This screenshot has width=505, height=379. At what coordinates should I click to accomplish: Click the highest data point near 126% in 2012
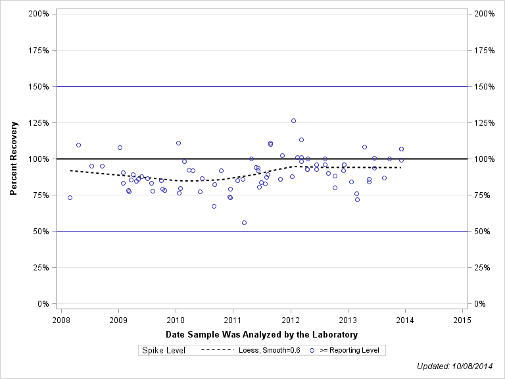(x=293, y=120)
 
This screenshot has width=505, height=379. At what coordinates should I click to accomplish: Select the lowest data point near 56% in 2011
(x=244, y=222)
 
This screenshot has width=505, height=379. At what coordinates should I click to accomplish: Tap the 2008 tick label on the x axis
(x=60, y=320)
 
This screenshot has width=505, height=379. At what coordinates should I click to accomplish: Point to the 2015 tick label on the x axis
(x=462, y=320)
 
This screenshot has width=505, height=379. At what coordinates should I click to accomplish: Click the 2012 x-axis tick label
(x=290, y=320)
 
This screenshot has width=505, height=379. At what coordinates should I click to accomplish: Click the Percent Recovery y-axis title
(x=14, y=159)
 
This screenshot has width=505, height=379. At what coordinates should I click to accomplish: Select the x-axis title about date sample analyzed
(x=262, y=334)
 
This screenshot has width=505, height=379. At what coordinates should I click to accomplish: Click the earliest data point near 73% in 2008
(x=70, y=197)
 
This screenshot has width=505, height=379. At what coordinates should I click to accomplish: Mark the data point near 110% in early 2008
(x=78, y=145)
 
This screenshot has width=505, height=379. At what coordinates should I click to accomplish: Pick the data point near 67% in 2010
(x=214, y=206)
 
